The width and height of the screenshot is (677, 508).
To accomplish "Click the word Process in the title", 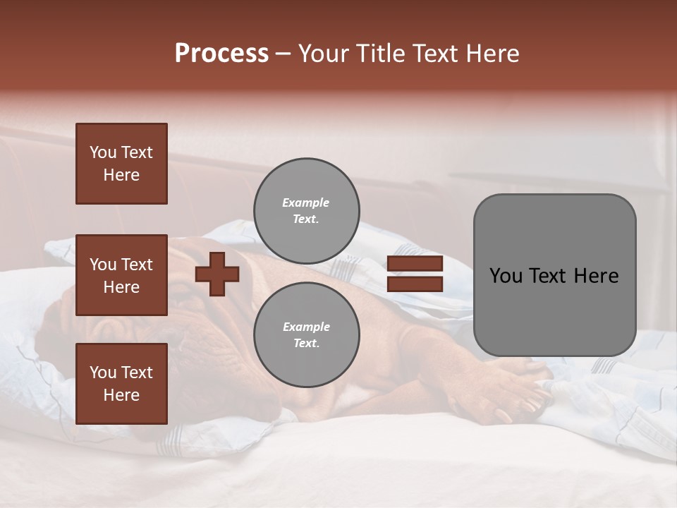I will click(221, 54).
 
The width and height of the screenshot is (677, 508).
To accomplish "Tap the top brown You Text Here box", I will click(121, 164).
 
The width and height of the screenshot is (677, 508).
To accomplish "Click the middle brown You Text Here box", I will click(121, 275).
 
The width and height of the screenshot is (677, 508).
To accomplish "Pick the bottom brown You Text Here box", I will click(121, 384).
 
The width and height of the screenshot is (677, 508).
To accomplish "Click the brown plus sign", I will click(217, 274).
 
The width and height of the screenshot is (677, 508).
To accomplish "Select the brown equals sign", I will click(415, 274).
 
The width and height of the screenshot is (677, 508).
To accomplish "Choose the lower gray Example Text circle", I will click(306, 334).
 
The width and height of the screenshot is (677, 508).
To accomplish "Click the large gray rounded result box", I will click(554, 275).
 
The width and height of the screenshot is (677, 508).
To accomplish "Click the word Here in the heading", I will click(491, 54).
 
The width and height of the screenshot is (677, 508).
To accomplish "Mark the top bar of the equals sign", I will click(415, 264).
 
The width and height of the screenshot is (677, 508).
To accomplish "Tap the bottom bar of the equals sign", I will click(415, 284).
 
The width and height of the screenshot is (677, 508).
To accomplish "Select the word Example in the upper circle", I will click(306, 202).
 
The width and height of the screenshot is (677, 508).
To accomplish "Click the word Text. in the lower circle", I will click(306, 343).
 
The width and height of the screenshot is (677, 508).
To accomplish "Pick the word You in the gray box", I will click(506, 276).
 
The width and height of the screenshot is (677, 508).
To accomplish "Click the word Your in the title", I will click(323, 54).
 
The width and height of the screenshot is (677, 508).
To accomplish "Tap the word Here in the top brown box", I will click(121, 175).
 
